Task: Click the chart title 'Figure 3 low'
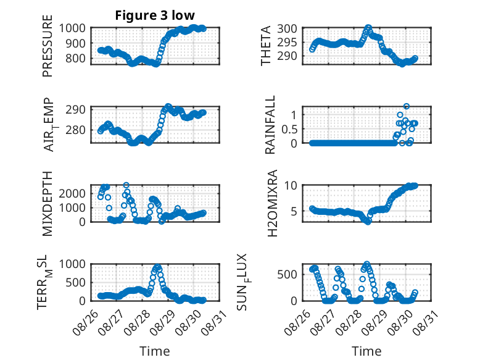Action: [155, 15]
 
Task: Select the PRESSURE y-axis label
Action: [48, 46]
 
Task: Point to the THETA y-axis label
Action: [266, 46]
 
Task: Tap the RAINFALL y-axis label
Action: [270, 125]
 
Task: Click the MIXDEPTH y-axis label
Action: [48, 203]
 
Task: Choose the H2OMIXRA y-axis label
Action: [272, 203]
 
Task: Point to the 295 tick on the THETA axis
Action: [287, 42]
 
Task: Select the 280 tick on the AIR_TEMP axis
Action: [75, 130]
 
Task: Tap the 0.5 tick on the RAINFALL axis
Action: [289, 129]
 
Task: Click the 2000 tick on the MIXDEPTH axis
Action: [72, 193]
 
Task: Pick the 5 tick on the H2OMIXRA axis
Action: [294, 211]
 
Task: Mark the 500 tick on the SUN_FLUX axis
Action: [287, 274]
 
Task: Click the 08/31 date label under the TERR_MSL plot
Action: [215, 322]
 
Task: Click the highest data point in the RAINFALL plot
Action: [407, 106]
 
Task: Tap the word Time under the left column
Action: [155, 351]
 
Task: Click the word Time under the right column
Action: [366, 351]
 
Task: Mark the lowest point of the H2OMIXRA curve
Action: [368, 222]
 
